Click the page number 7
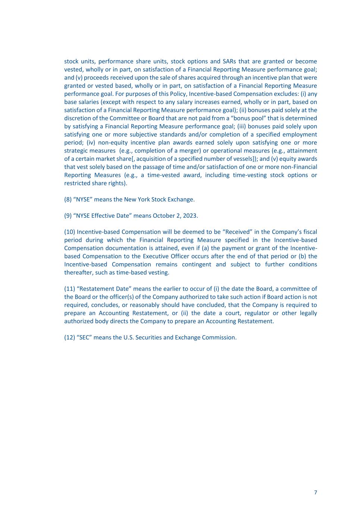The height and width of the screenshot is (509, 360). pos(316,493)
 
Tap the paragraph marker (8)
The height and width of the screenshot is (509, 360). pos(68,199)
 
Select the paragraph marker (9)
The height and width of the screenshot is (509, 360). pos(68,216)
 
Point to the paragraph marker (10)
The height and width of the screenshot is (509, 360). pos(69,232)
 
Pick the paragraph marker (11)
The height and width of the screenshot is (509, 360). pos(69,289)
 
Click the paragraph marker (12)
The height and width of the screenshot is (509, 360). pos(69,337)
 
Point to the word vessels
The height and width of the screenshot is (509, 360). pos(234,159)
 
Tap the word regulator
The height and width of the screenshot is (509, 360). pos(257,313)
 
